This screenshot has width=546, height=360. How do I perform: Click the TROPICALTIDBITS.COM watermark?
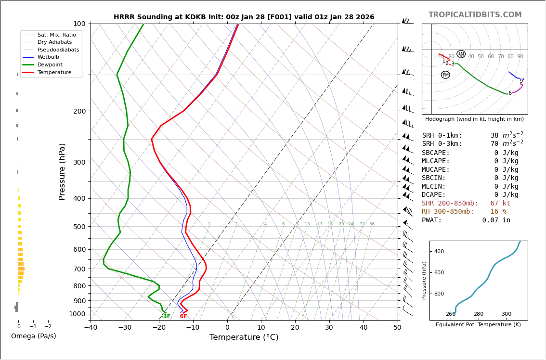[x=475, y=15]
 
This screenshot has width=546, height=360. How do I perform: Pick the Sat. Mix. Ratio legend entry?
[x=56, y=35]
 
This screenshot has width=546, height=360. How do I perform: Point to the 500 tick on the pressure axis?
[x=79, y=227]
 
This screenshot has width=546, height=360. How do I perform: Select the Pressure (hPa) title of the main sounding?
[x=62, y=171]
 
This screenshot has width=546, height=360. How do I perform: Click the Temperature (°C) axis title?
[x=244, y=337]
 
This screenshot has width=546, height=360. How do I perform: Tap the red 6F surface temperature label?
[x=183, y=316]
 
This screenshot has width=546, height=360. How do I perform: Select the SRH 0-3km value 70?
[x=494, y=144]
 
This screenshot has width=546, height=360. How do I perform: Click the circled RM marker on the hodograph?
[x=445, y=75]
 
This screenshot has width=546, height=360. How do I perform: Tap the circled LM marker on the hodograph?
[x=461, y=54]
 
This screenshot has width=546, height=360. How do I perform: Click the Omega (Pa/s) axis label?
[x=34, y=336]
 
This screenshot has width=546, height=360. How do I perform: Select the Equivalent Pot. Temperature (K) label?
[x=478, y=324]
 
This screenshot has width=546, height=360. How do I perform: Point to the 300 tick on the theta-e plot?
[x=507, y=314]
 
